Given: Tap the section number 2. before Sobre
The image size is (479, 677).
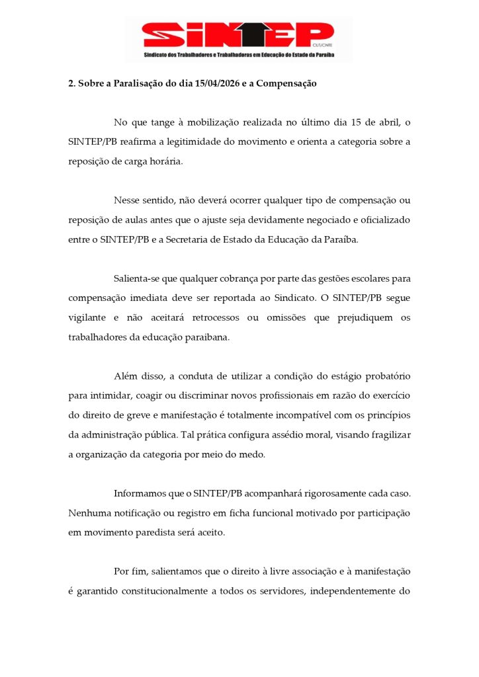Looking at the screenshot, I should [x=72, y=84].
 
